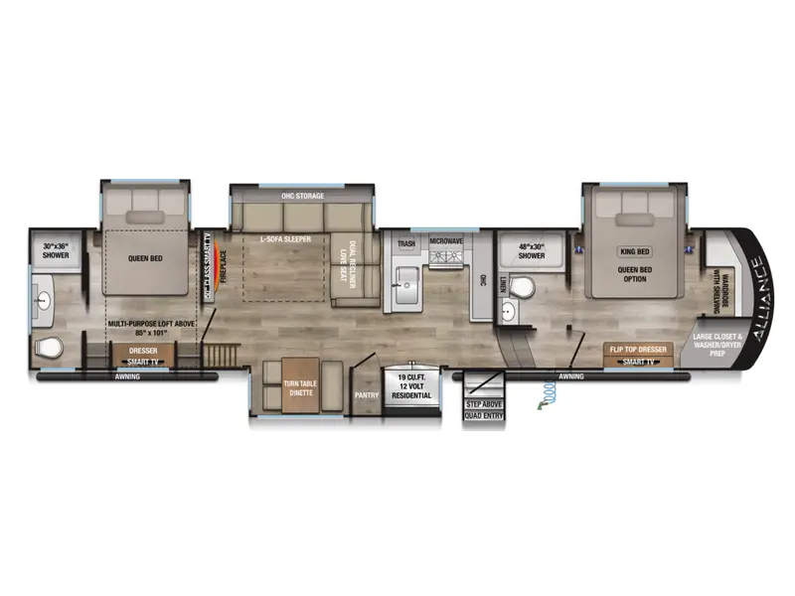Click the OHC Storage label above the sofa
303,197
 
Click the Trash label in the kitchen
405,243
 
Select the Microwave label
447,241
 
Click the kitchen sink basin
406,289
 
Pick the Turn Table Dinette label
300,388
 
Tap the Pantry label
368,394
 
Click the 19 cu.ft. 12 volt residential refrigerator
414,386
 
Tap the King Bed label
634,251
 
